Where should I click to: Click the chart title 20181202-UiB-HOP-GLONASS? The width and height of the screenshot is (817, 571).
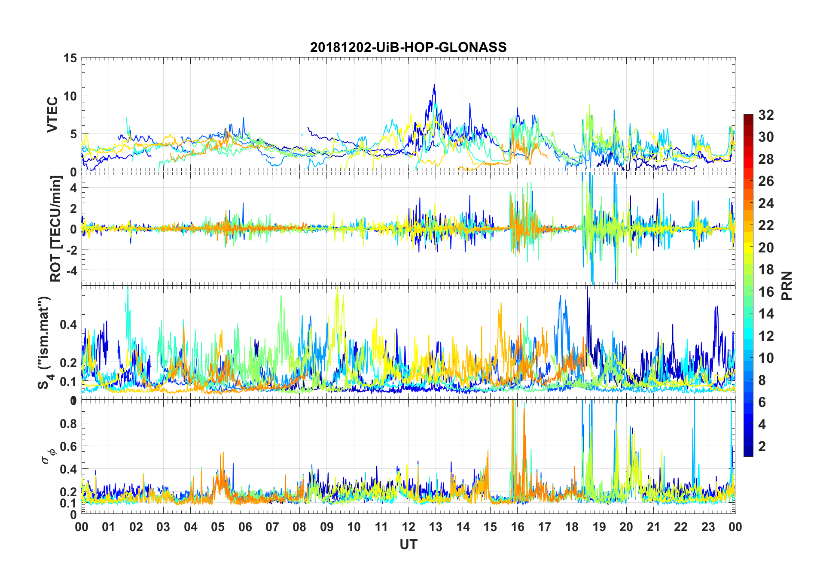coord(408,47)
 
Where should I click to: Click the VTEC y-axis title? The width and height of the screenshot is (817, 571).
coord(52,115)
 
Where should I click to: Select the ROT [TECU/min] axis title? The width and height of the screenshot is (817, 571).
coord(56,228)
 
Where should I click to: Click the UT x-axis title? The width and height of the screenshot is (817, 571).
coord(408,544)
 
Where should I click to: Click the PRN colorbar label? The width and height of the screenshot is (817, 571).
coord(787,285)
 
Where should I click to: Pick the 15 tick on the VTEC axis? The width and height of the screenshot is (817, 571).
coord(70,58)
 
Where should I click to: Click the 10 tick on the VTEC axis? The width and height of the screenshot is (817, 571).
coord(70,96)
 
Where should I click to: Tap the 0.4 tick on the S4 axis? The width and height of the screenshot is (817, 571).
coord(68,324)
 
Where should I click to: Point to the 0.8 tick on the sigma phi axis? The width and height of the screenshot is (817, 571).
coord(68,423)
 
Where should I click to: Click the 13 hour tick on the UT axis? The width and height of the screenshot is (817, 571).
coord(436,527)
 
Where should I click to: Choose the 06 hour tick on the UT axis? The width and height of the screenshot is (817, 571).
coord(245,527)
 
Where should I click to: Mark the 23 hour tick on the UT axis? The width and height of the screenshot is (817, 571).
coord(708,527)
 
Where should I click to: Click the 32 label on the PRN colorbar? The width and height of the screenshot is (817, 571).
coord(766,115)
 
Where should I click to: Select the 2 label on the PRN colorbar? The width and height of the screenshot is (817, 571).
coord(762,446)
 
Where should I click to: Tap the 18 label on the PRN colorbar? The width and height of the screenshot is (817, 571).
coord(766,270)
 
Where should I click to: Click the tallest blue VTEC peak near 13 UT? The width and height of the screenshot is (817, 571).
coord(434,85)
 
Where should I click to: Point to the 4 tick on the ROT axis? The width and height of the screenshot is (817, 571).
coord(73,188)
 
